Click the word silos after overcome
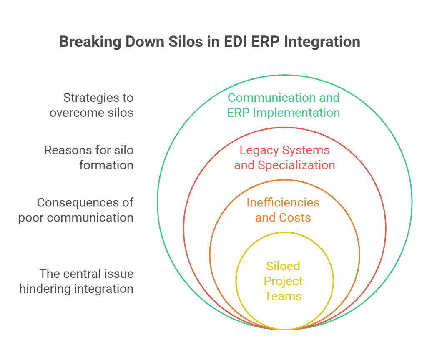pos(123,114)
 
